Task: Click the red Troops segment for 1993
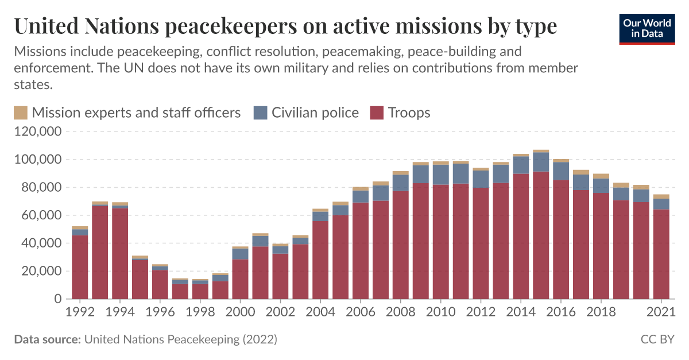click(100, 253)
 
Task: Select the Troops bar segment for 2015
click(541, 235)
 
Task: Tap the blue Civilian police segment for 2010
click(441, 175)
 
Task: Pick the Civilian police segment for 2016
click(561, 171)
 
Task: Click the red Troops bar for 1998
click(200, 292)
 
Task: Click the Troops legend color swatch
click(376, 113)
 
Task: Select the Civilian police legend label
click(315, 113)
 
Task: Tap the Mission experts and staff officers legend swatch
click(20, 113)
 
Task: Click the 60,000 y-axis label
click(41, 215)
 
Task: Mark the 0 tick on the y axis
click(58, 299)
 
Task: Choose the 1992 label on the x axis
click(80, 312)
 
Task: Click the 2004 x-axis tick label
click(320, 312)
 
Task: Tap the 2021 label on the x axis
click(661, 312)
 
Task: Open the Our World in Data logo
click(647, 29)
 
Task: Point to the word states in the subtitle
click(33, 84)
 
